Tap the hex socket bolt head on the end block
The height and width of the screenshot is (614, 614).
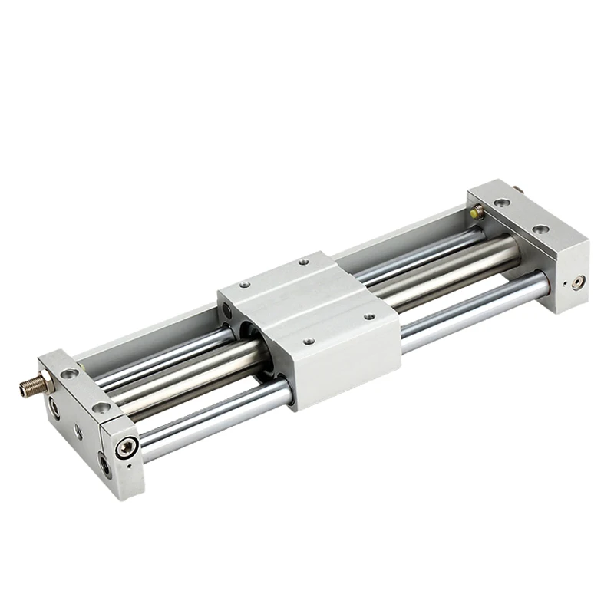click(x=127, y=447)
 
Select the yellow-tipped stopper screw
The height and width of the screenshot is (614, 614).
click(x=477, y=210)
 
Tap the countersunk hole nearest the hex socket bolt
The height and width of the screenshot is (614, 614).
click(x=101, y=408)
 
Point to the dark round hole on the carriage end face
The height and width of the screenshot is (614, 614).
click(x=228, y=309)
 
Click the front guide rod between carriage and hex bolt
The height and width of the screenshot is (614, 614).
click(x=215, y=418)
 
